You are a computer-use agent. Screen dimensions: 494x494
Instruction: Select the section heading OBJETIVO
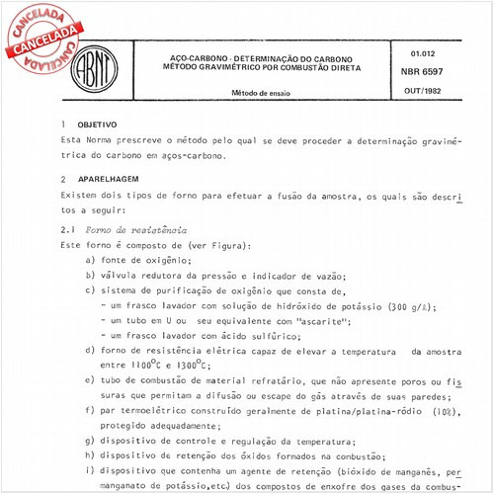[98, 125]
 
